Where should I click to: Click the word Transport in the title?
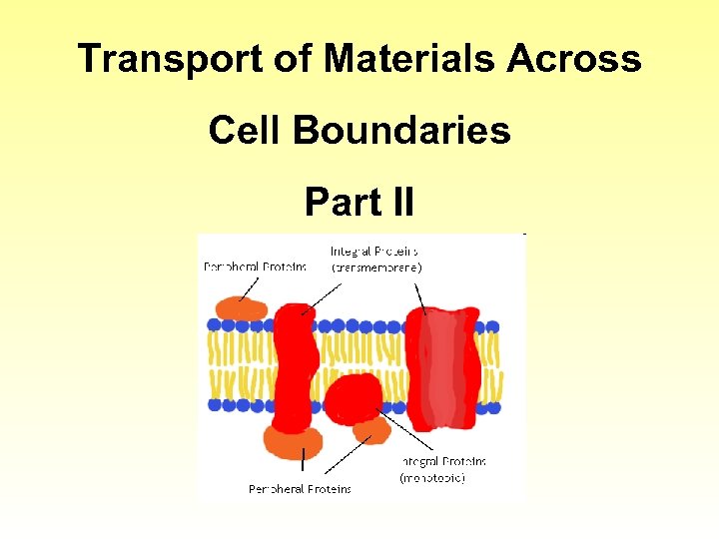click(158, 59)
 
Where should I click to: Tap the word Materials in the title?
click(409, 59)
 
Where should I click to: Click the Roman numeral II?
click(397, 202)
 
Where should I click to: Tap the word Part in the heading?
click(338, 202)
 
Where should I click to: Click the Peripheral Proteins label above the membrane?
click(256, 268)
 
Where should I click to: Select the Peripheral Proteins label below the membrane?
click(300, 488)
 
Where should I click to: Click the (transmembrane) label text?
click(376, 268)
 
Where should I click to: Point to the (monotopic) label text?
click(432, 478)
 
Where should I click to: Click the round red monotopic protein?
click(354, 397)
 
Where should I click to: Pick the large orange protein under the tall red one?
click(293, 440)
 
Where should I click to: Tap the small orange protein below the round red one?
click(371, 430)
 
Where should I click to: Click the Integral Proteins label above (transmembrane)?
click(374, 252)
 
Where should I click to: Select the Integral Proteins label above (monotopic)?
click(443, 462)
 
